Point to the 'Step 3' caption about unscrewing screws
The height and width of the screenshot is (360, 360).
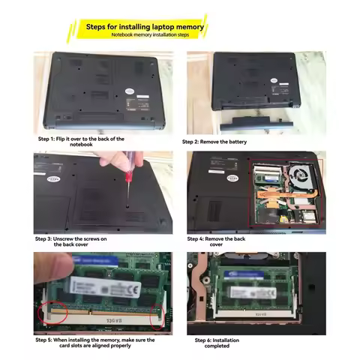tap(73, 241)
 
